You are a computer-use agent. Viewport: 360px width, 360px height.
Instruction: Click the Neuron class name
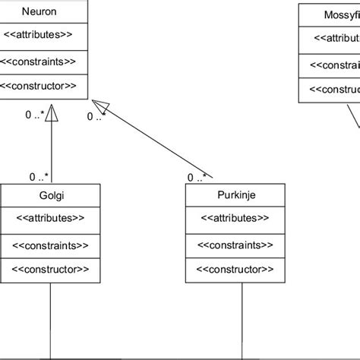pos(39,12)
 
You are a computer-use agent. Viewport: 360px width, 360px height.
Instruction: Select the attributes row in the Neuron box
pos(39,36)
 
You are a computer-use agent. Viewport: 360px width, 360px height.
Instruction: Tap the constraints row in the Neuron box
pos(39,61)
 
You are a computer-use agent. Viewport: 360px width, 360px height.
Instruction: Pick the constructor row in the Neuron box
pos(39,85)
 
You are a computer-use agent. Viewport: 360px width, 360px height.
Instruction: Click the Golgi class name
pos(50,195)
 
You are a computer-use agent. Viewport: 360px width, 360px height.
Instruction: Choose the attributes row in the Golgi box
pos(50,219)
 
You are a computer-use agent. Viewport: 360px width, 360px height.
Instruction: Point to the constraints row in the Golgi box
pos(50,245)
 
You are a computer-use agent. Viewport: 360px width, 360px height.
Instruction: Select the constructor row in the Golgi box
pos(50,269)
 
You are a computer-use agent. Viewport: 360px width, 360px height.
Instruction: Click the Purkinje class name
pos(235,195)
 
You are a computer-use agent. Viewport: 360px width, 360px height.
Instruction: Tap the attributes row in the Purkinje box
pos(235,219)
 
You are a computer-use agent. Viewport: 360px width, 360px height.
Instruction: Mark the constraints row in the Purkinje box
pos(235,245)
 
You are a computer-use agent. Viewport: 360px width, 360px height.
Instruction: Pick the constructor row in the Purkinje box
pos(235,269)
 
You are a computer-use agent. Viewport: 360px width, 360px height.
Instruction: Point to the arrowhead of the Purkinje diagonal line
pos(100,106)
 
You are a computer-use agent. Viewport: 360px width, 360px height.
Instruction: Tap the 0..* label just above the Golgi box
pos(39,177)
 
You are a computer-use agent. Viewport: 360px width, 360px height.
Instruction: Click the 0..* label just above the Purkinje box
pos(196,178)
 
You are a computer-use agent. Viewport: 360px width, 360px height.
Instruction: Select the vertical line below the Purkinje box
pos(235,319)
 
